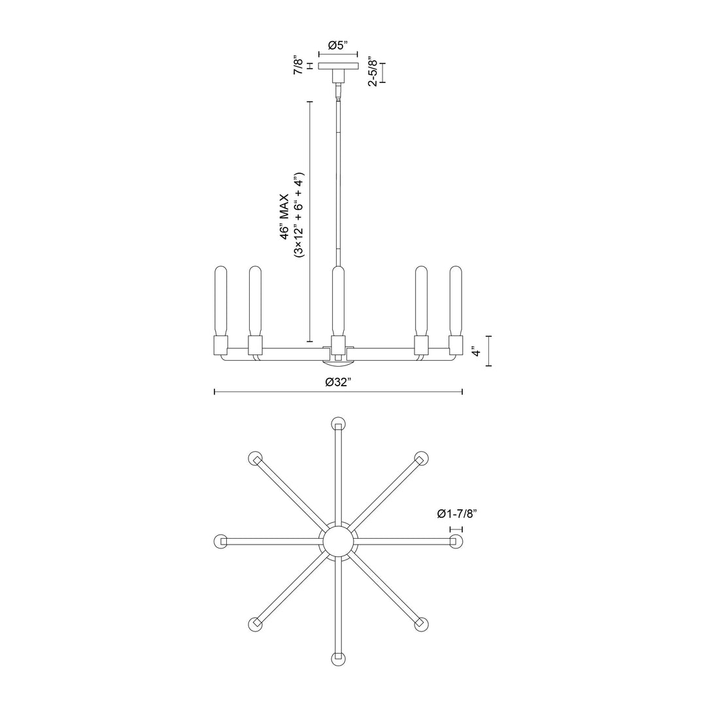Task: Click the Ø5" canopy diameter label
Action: coord(338,45)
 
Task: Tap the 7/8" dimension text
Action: coord(299,66)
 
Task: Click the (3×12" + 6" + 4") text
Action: coord(299,216)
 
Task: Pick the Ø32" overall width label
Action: coord(339,382)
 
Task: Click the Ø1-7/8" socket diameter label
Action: coord(458,514)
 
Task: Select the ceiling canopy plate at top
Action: coord(339,66)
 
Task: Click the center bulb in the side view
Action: coord(337,301)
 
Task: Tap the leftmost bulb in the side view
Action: coord(220,301)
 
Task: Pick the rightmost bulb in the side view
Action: coord(456,301)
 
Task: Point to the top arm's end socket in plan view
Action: coord(338,423)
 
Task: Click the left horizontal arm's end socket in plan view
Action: coord(220,541)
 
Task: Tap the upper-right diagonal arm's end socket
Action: coord(421,458)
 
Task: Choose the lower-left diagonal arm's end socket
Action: coord(255,624)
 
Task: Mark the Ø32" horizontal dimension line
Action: coord(275,392)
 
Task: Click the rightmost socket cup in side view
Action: coord(456,345)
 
